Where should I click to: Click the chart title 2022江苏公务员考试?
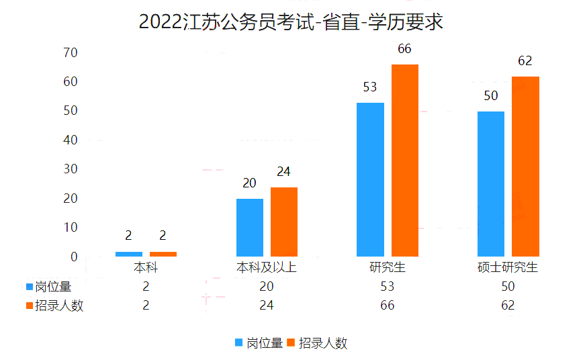tap(291, 22)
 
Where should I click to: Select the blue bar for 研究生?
tap(370, 179)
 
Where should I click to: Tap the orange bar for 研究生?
tap(404, 161)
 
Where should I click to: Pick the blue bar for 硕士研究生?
tap(491, 183)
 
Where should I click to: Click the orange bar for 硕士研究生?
tap(525, 167)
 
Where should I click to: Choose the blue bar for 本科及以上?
tap(250, 227)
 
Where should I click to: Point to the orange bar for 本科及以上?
tap(284, 222)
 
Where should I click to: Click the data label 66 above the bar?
tap(404, 48)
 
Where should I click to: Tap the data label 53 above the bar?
tap(369, 87)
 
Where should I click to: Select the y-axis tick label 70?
tap(71, 52)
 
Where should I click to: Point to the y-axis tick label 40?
tap(71, 140)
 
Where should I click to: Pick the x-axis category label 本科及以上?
tap(267, 267)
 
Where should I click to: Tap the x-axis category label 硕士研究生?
tap(508, 267)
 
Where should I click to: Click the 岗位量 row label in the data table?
tap(53, 286)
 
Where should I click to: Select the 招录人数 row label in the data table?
tap(59, 306)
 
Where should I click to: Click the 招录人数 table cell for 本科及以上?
tap(267, 306)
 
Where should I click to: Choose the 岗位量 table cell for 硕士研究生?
tap(508, 286)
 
